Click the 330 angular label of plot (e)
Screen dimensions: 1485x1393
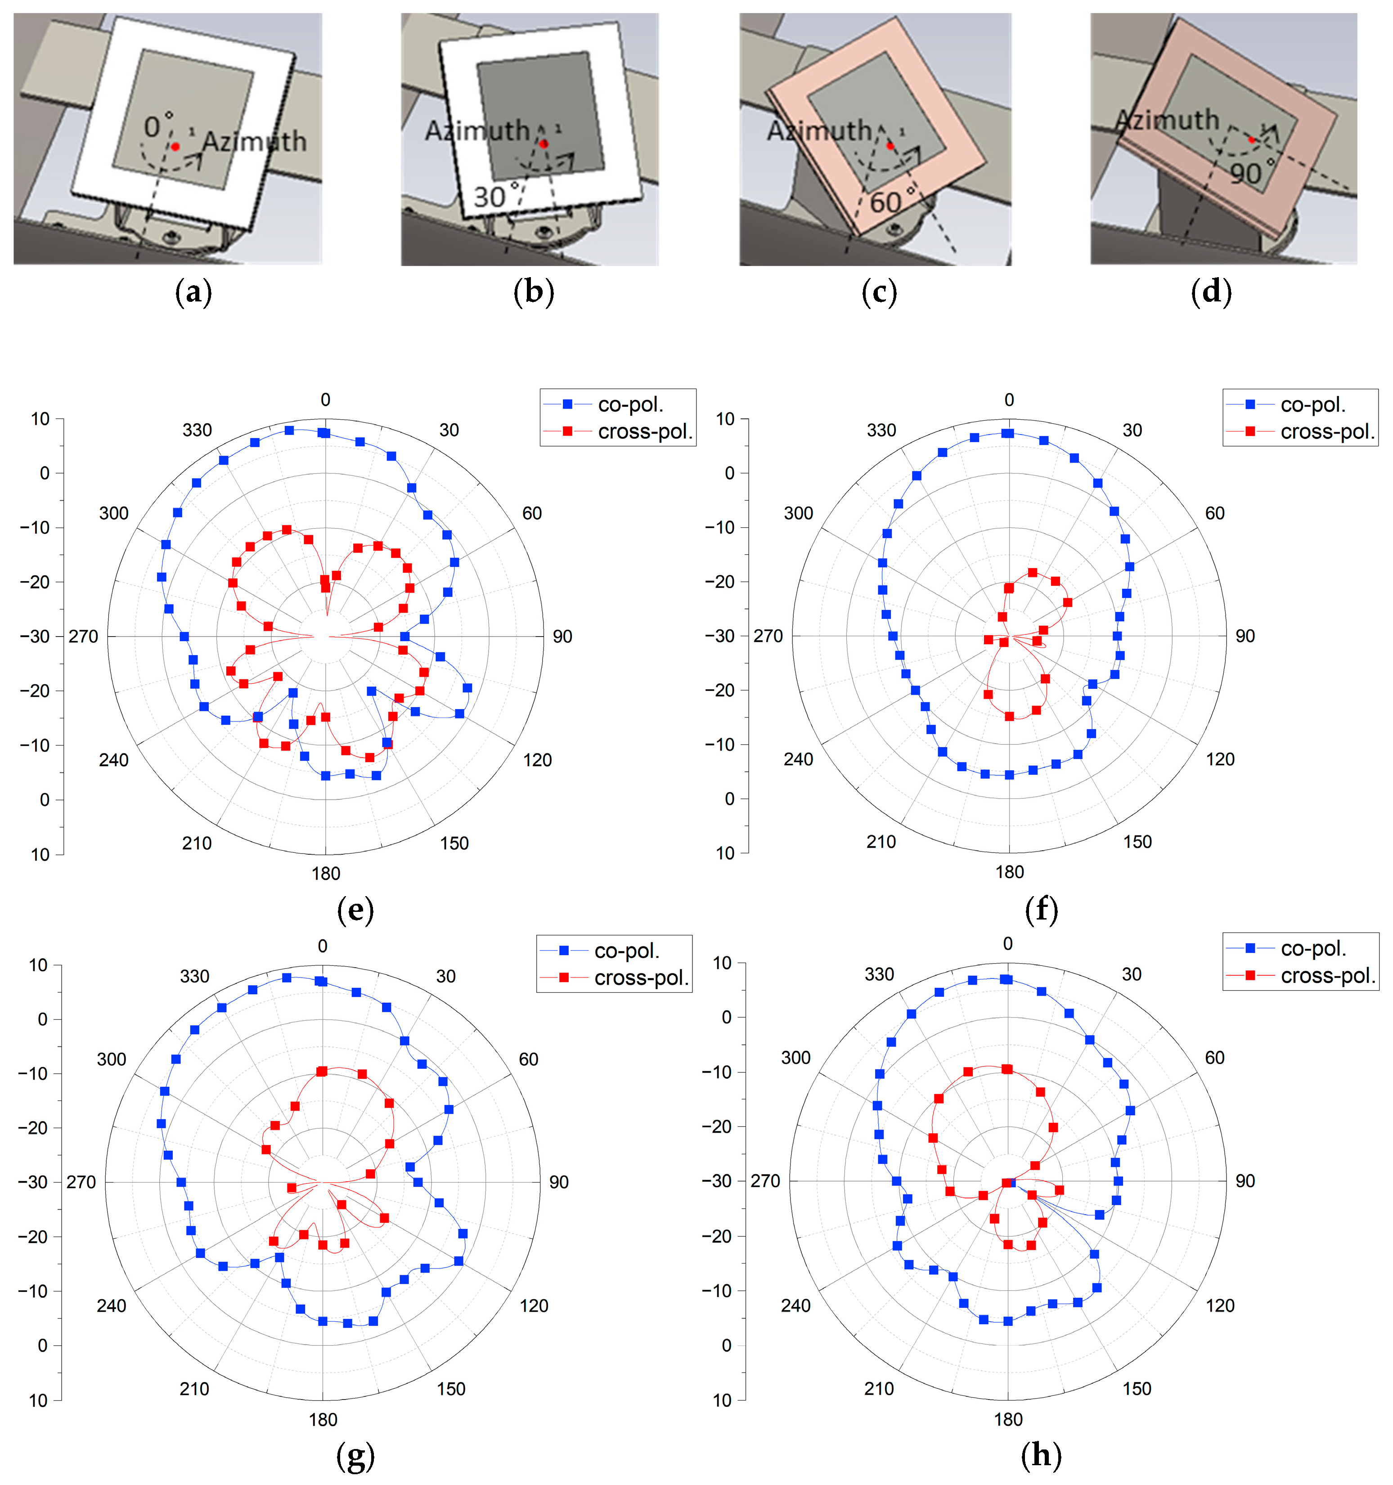(197, 430)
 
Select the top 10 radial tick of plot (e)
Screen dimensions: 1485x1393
(40, 419)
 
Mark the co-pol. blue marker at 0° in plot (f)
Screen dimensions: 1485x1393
(1008, 433)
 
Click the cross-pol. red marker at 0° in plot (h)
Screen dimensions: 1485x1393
(1007, 1070)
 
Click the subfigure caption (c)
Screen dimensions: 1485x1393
(879, 292)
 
